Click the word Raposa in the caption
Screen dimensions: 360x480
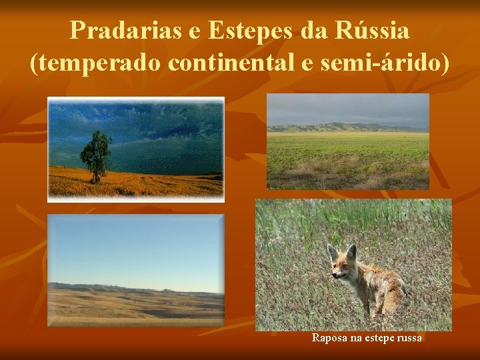tap(327, 339)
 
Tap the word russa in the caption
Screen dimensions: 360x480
tap(409, 339)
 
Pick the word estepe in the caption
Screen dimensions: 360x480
tap(377, 339)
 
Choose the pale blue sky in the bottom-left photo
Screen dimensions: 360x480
tap(133, 247)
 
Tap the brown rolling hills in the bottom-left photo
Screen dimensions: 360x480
tap(133, 303)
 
